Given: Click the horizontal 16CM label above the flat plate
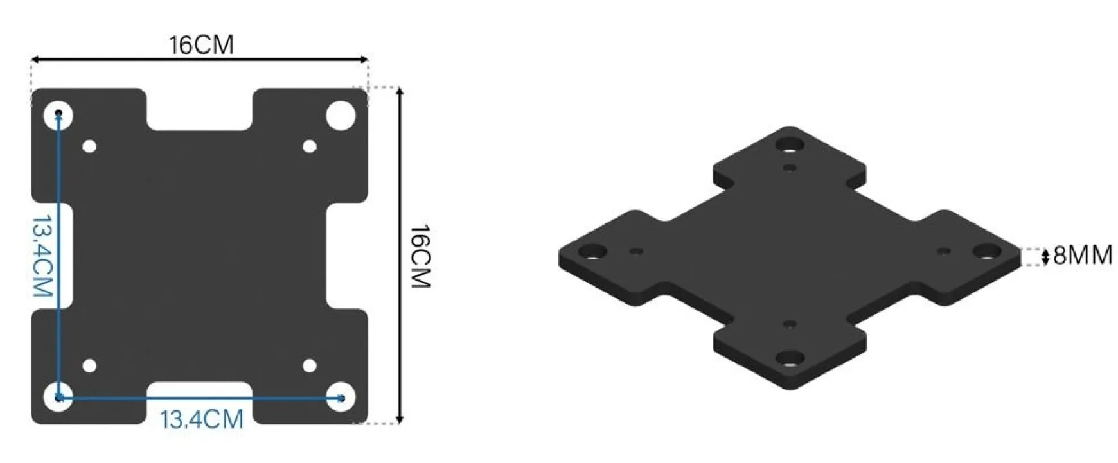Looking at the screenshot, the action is [x=201, y=45].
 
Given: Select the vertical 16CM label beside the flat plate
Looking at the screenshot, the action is [x=420, y=256].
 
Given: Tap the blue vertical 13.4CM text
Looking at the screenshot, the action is [x=42, y=256].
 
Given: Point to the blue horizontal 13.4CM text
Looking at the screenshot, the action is [x=202, y=420].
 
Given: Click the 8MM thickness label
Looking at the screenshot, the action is [x=1083, y=256].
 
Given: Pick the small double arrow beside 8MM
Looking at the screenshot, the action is [x=1045, y=256].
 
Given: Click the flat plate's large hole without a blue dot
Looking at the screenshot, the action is [x=341, y=116].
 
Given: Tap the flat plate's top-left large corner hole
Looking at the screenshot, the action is [x=58, y=116].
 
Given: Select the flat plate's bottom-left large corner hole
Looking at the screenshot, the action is [x=58, y=397].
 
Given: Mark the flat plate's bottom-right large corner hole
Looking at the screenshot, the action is [x=341, y=397].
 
